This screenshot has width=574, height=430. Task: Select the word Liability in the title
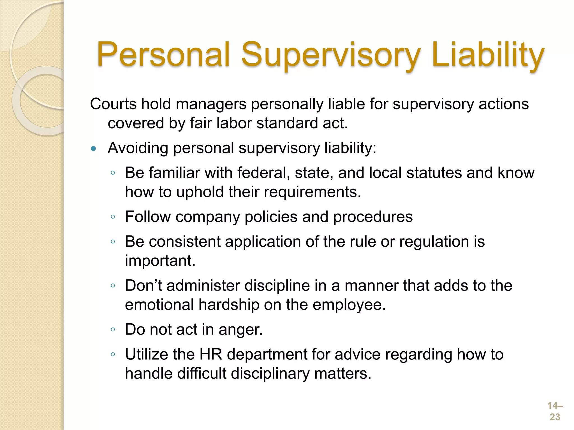coord(488,55)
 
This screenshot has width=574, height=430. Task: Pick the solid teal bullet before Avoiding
coord(94,149)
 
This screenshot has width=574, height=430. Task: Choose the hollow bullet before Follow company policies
coord(113,217)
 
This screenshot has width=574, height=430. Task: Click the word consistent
coord(184,242)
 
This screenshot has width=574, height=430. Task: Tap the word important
coord(160,261)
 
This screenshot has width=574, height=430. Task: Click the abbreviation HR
coord(210,354)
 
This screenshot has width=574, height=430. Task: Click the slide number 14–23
coord(555,411)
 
